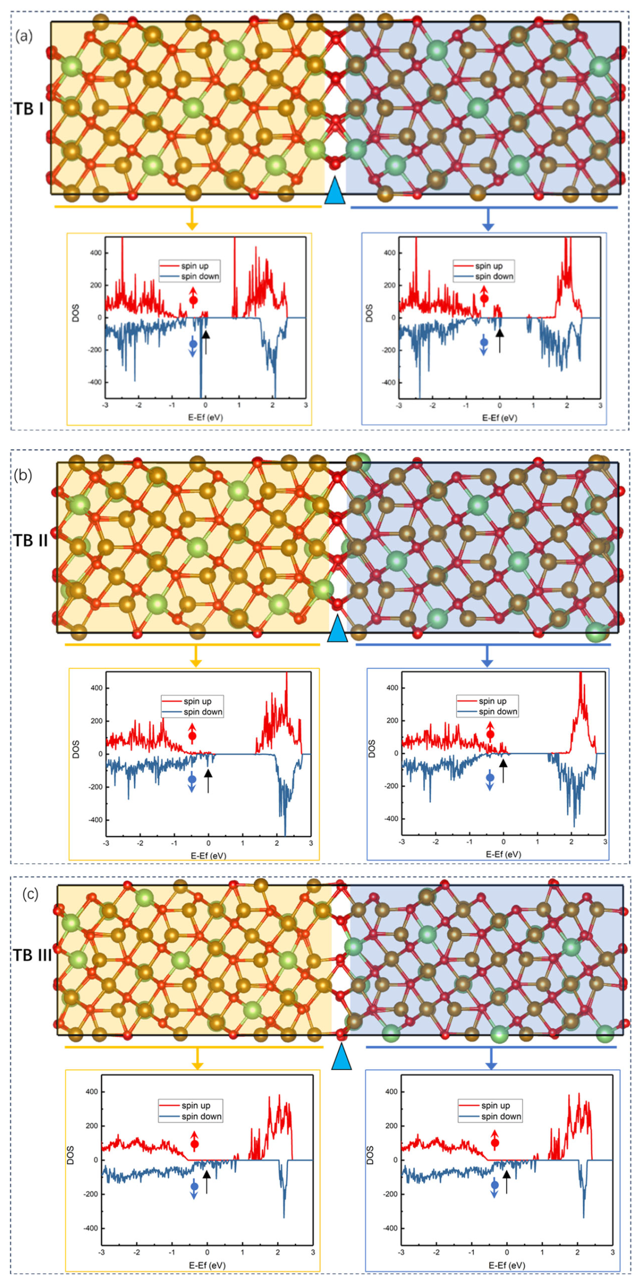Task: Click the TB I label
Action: [29, 109]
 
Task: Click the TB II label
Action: [31, 540]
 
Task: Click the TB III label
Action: [32, 955]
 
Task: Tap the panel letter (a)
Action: [23, 36]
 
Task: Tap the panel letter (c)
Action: [30, 894]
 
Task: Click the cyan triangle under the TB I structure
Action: [335, 191]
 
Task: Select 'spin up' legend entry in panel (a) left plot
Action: [195, 266]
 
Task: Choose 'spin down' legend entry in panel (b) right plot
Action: [498, 712]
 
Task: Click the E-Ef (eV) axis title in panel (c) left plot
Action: [207, 1265]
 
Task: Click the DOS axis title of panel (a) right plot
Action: [369, 313]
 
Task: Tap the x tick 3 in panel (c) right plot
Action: [612, 1252]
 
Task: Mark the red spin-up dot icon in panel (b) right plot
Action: [490, 734]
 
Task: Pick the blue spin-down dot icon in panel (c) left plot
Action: [194, 1186]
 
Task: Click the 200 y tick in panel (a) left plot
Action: [95, 285]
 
